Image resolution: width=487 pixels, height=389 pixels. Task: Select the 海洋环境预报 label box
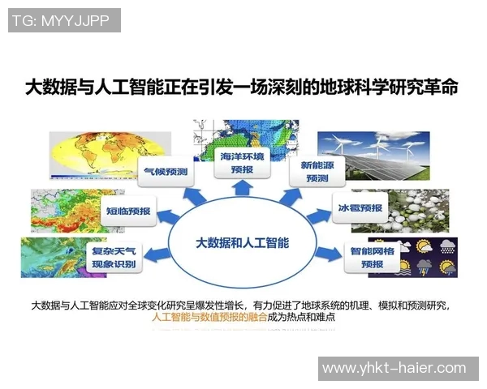tap(243, 161)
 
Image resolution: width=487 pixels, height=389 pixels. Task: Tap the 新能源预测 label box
tap(312, 171)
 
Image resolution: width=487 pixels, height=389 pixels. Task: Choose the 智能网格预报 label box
tap(372, 258)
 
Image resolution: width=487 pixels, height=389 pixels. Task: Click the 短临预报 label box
tap(129, 210)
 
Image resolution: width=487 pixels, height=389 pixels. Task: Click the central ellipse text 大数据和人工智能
tap(243, 242)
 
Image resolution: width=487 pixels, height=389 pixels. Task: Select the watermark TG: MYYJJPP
tap(64, 20)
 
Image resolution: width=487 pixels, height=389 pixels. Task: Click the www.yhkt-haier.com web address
tap(394, 369)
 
